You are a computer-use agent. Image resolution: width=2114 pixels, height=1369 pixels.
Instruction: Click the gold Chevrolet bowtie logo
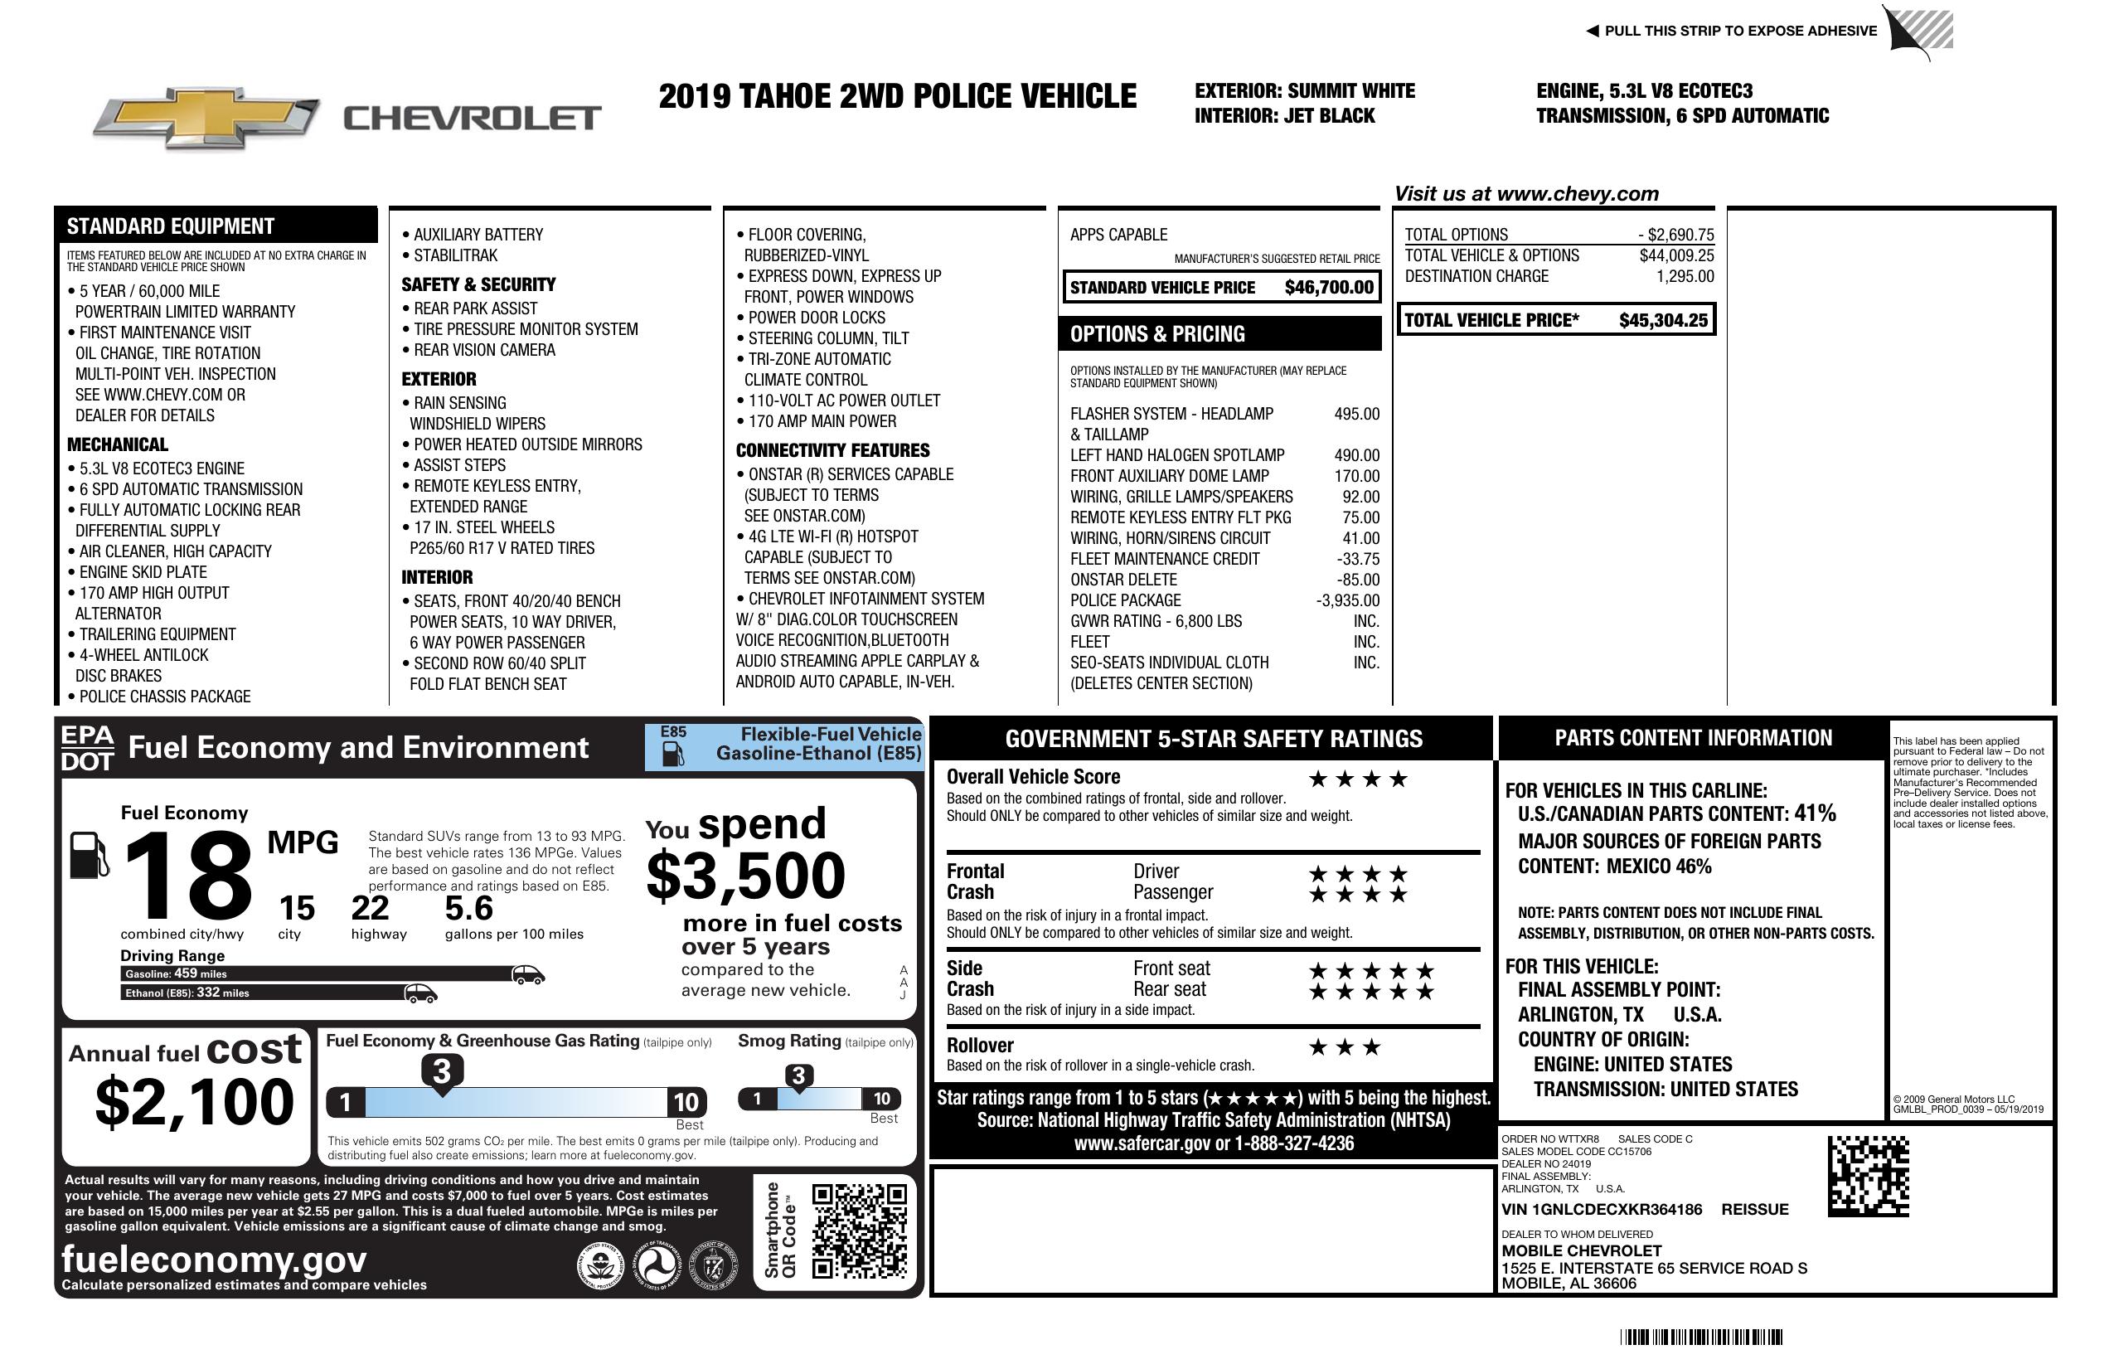coord(206,118)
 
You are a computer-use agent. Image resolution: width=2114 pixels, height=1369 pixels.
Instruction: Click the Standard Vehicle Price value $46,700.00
coord(1328,288)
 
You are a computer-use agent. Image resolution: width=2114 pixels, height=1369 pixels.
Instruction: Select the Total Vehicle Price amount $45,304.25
coord(1662,321)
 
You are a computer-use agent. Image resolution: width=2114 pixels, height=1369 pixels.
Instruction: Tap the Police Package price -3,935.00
coord(1347,600)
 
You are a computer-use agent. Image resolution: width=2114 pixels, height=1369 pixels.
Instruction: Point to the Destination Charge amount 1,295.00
coord(1684,276)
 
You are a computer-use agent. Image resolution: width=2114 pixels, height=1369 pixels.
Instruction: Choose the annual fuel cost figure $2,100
coord(194,1102)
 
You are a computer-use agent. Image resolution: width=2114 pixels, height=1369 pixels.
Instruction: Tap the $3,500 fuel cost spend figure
coord(745,876)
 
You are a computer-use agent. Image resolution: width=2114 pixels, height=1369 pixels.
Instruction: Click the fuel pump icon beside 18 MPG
coord(89,855)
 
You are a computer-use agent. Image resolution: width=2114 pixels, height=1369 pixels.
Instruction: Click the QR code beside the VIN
coord(1867,1177)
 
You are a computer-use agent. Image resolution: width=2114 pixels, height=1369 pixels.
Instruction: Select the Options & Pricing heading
coord(1156,334)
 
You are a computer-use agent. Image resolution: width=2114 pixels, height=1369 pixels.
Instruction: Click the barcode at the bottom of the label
coord(1700,1337)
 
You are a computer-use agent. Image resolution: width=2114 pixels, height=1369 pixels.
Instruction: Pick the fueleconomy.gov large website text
coord(214,1259)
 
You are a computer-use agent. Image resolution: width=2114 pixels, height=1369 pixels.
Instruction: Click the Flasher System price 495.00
coord(1355,414)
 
